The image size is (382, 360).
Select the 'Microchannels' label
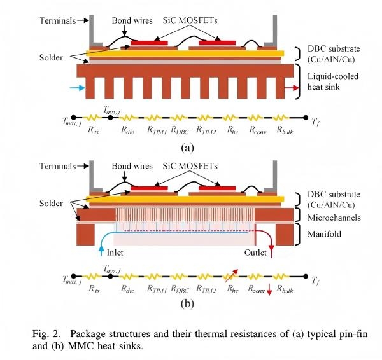pyautogui.click(x=333, y=218)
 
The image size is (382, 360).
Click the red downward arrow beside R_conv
pyautogui.click(x=269, y=291)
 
